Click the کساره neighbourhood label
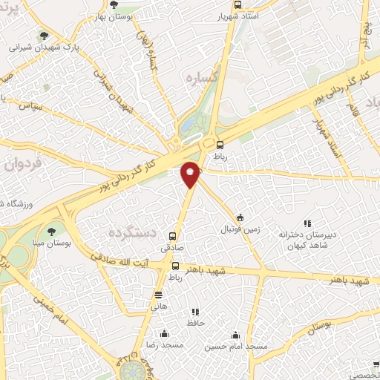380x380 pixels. [x=200, y=77]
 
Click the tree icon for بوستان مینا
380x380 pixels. [x=51, y=230]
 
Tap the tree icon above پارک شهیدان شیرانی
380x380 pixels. [x=46, y=36]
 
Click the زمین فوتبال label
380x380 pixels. [x=240, y=230]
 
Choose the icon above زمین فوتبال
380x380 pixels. [x=240, y=217]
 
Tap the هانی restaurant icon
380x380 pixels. [x=158, y=295]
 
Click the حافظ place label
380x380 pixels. [x=196, y=324]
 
